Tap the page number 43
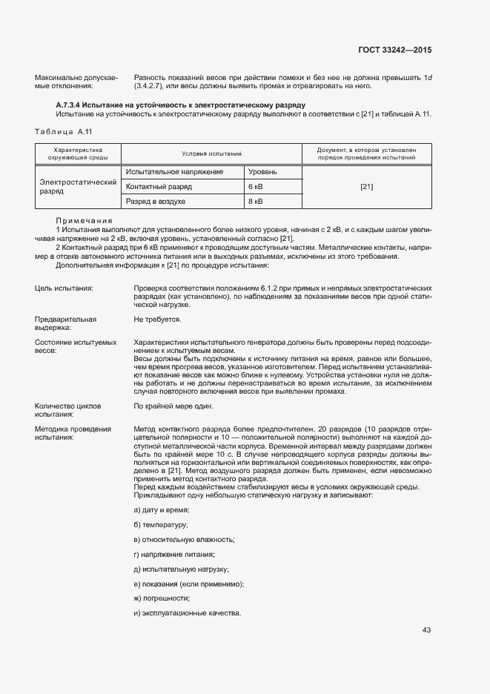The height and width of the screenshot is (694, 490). coord(426,630)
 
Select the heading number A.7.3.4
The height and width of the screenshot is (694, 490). coord(73,106)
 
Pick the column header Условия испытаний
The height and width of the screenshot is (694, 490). coord(213,153)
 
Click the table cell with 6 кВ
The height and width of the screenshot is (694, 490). coord(256,186)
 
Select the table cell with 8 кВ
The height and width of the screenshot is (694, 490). coord(256,201)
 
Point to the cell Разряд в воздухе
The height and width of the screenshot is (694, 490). coord(156,201)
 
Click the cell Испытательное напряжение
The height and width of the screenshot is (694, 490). coord(175,171)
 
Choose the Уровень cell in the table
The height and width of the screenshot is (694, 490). coord(263,171)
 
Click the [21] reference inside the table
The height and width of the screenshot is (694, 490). coord(366,186)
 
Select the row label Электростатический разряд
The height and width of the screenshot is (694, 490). coord(78,186)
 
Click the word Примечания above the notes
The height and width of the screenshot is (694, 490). coord(84,221)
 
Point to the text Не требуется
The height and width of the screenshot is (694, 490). coord(157,319)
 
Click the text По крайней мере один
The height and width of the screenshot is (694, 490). coord(173,406)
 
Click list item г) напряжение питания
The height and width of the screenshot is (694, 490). coord(174,554)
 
